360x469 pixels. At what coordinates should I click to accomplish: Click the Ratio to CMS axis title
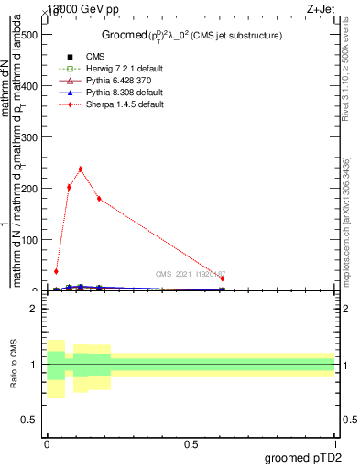(14, 365)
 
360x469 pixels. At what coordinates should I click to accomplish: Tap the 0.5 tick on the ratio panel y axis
(33, 420)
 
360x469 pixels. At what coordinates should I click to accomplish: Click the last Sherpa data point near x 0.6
(222, 278)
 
